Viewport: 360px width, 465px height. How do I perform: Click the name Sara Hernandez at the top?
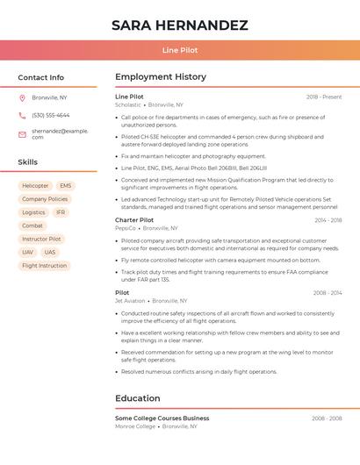coord(180,25)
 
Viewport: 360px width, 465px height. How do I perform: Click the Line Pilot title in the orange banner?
coord(180,50)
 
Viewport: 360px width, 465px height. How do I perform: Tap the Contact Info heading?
coord(40,77)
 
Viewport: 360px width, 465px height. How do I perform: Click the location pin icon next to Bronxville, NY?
coord(22,97)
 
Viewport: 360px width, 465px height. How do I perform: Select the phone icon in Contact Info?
coord(22,115)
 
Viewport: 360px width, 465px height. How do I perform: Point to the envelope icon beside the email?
coord(22,134)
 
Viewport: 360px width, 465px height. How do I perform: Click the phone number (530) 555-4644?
coord(50,115)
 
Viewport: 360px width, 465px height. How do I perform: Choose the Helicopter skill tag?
coord(35,186)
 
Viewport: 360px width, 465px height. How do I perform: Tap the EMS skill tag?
coord(66,186)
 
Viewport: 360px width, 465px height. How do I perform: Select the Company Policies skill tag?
coord(45,199)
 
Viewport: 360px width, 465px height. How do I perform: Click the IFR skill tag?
coord(61,212)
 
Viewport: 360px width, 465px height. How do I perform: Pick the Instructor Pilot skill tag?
coord(41,239)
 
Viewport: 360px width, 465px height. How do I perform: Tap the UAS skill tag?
coord(50,252)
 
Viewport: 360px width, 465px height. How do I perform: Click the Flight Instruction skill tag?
coord(44,265)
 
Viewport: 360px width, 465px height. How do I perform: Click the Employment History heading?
coord(161,77)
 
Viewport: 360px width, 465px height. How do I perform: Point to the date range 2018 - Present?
coord(324,97)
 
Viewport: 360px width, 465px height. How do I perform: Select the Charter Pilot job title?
coord(134,220)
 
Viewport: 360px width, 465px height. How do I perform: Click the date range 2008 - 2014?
coord(327,293)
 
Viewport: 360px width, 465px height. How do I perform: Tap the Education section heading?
coord(138,398)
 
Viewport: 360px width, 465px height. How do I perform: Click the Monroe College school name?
coord(135,426)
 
